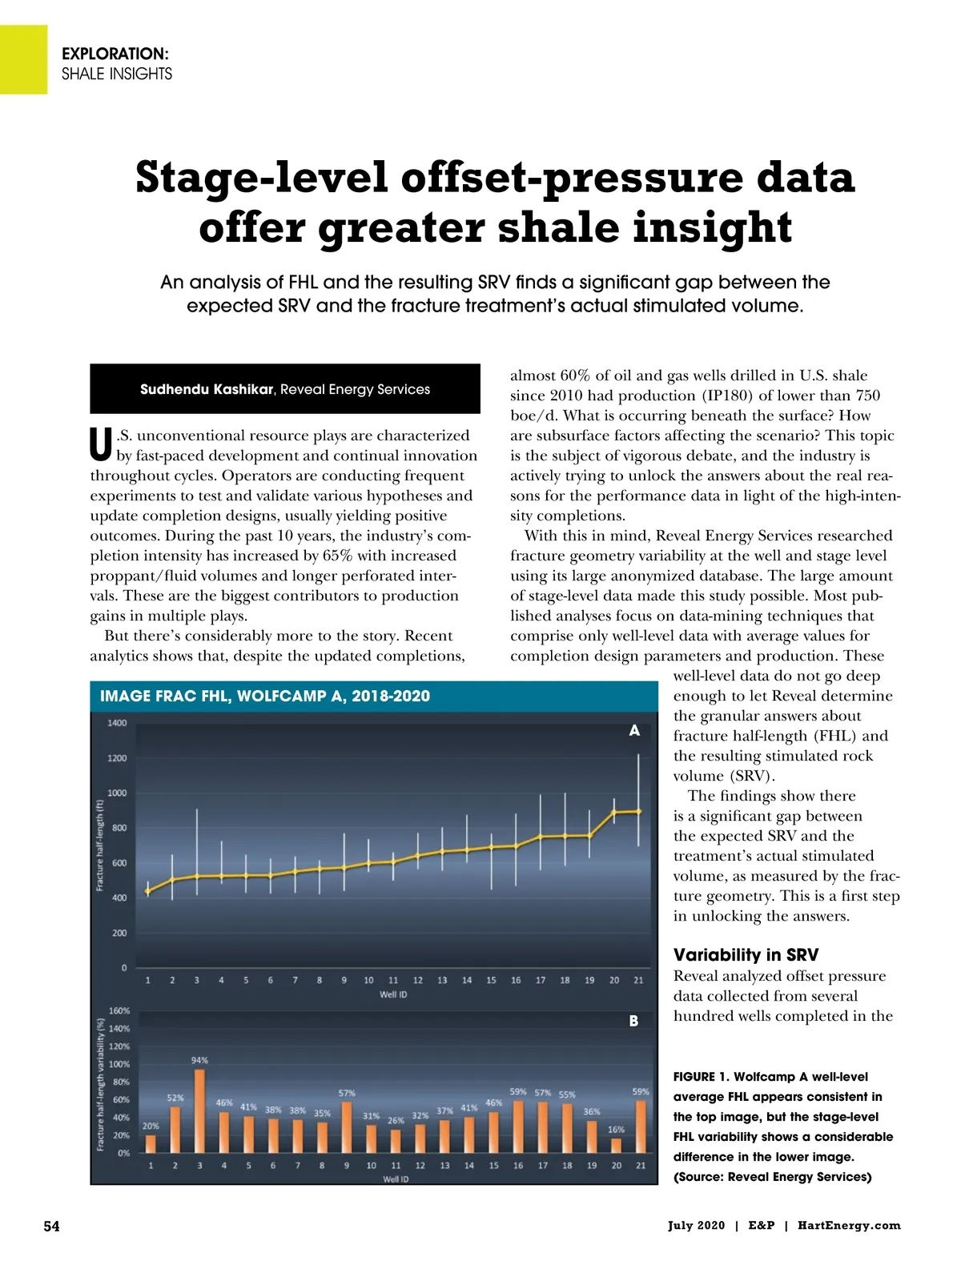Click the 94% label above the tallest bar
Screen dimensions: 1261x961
coord(199,1060)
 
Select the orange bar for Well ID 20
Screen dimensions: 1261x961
coord(616,1145)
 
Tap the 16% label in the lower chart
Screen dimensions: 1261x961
coord(616,1130)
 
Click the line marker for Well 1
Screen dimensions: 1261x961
coord(147,891)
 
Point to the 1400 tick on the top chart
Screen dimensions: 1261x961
coord(117,723)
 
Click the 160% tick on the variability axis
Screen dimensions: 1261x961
coord(119,1011)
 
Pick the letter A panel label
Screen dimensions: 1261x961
coord(634,730)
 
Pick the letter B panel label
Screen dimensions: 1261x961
coord(633,1021)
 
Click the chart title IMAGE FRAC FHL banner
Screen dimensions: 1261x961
coord(265,696)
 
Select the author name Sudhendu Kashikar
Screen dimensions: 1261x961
coord(207,389)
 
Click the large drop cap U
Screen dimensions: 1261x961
coord(101,445)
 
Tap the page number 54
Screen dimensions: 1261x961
coord(51,1226)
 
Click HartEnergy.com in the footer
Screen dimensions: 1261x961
coord(849,1226)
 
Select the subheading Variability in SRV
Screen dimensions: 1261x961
coord(746,954)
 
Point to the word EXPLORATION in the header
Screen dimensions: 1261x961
coord(115,54)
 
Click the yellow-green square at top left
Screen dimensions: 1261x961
coord(23,59)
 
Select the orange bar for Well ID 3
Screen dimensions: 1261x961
coord(199,1110)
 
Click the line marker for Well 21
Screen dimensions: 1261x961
coord(638,811)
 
